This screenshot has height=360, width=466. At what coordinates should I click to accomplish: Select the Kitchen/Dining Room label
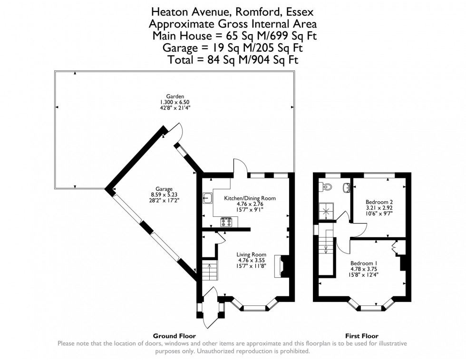250,198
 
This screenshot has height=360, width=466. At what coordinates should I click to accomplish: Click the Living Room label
252,254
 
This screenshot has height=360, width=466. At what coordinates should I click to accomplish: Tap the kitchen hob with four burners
226,222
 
